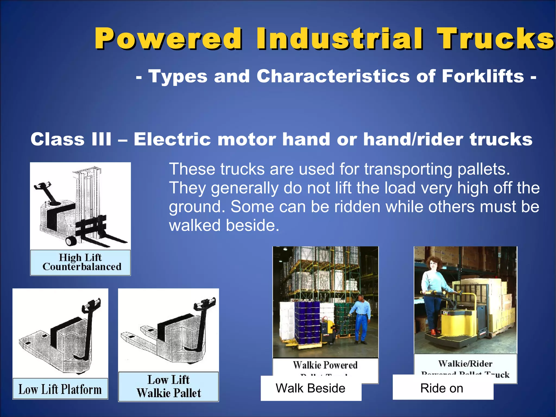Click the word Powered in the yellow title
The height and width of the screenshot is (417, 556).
168,39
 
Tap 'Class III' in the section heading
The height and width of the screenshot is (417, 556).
71,139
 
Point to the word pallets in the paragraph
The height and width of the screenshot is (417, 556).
484,169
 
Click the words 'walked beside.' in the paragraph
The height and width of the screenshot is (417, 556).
224,225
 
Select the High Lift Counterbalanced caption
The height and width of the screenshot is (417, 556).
81,262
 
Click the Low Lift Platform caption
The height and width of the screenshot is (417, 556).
60,389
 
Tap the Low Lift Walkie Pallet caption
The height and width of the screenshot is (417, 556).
169,387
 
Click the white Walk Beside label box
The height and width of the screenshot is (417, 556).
311,388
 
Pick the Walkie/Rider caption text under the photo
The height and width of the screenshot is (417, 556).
465,363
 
